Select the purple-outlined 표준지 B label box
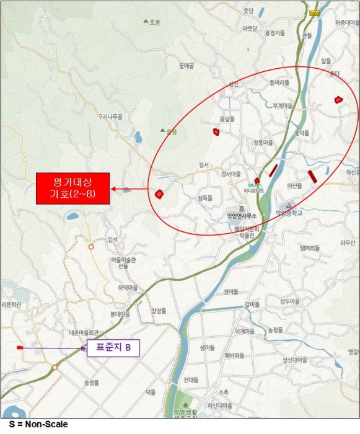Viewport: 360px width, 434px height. tap(113, 348)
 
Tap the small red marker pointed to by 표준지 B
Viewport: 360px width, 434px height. tap(19, 348)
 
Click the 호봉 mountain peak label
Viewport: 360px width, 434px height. tap(154, 22)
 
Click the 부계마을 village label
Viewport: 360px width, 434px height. tap(282, 105)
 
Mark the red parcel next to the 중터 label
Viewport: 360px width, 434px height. tap(338, 99)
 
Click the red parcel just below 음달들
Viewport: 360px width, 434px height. tap(216, 131)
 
